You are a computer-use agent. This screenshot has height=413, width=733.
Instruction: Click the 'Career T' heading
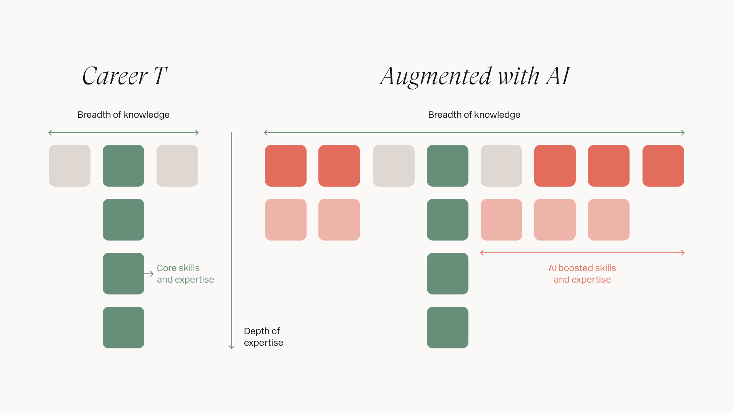coord(124,76)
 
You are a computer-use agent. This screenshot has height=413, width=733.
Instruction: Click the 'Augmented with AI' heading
coord(475,76)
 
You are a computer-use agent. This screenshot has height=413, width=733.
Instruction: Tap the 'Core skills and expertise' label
coord(185,274)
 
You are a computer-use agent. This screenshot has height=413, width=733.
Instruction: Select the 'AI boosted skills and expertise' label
coord(582,274)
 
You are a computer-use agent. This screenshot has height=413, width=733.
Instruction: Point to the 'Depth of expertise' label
coord(263,337)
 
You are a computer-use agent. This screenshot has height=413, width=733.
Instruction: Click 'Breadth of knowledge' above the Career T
coord(123,115)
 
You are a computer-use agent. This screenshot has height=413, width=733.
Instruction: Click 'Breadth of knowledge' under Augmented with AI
coord(474,115)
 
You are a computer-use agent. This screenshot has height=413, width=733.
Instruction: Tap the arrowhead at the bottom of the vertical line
coord(232,347)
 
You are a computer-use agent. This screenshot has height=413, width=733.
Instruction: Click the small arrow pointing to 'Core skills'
coord(149,274)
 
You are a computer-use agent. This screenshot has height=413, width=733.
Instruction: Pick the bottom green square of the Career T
coord(123,327)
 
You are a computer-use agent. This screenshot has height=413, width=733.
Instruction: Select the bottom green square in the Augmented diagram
coord(447,327)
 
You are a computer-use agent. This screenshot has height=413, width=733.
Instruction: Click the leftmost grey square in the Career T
coord(69,166)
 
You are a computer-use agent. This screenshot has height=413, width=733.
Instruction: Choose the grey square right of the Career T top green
coord(177,166)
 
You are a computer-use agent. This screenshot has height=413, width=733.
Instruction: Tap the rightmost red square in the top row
coord(663,166)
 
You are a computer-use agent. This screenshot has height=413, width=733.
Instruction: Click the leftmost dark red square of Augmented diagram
coord(286,166)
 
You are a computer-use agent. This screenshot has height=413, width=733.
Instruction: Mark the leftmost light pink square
coord(286,220)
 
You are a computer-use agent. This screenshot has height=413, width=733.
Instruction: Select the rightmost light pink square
coord(609,220)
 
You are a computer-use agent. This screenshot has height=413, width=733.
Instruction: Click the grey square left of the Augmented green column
coord(394,166)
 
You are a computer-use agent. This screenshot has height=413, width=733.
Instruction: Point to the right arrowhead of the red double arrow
coord(683,253)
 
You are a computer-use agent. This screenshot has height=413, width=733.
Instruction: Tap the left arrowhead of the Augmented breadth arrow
coord(266,133)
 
